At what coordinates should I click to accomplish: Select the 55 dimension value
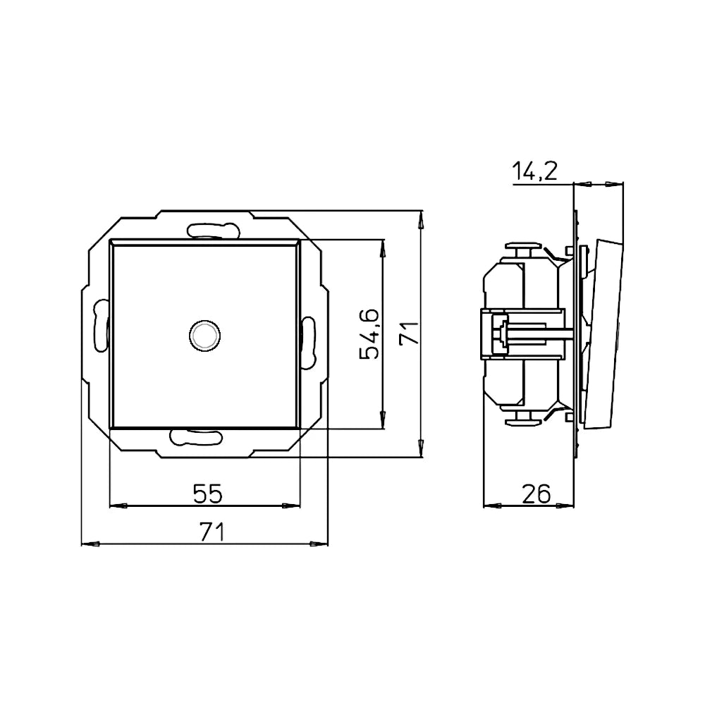point(208,493)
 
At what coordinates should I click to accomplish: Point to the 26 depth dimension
point(537,493)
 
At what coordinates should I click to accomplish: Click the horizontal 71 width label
point(211,532)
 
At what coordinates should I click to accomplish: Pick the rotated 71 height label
point(410,333)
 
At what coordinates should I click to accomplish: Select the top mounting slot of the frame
point(213,231)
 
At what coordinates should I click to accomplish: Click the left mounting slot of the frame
point(101,325)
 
